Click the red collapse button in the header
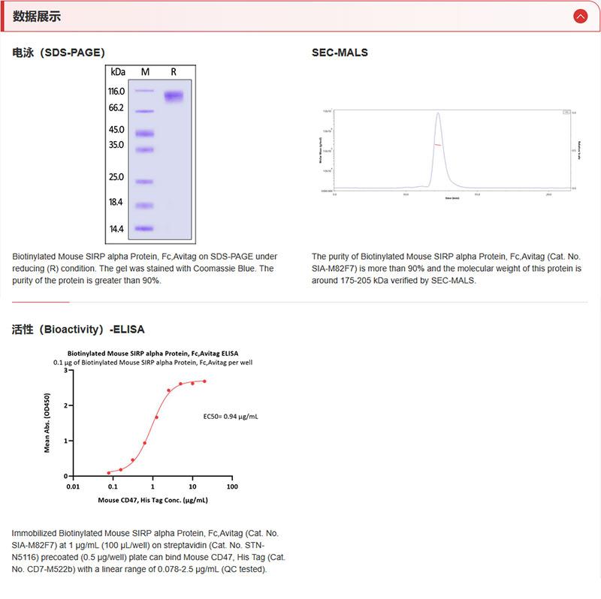point(580,16)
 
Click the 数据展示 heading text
point(37,16)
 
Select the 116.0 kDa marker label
point(116,91)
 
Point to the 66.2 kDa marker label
point(116,108)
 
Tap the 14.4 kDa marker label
point(116,229)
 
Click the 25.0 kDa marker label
point(116,177)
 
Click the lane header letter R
point(174,72)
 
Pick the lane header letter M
point(145,72)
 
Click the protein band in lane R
point(174,96)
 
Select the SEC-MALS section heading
point(340,53)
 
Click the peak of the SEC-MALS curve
point(438,113)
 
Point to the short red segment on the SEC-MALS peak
point(437,145)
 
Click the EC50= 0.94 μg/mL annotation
point(231,415)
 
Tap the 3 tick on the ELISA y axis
point(67,370)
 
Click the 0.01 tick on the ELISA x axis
point(73,486)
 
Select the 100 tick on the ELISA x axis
point(232,486)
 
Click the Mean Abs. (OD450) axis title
point(47,423)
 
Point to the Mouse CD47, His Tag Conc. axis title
point(153,500)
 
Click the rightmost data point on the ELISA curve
point(204,381)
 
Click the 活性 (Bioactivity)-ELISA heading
point(78,329)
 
